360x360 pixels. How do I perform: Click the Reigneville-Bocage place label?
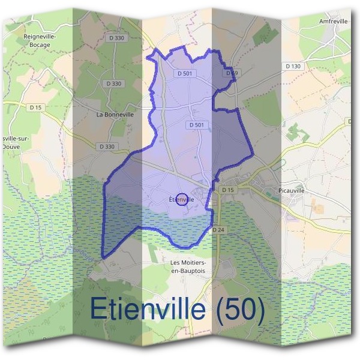39,40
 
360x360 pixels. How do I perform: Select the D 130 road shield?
293,66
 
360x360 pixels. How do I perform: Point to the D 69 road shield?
232,73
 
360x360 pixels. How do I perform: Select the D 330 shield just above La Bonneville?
112,83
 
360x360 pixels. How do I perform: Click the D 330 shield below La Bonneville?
106,146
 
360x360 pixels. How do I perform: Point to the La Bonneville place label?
115,113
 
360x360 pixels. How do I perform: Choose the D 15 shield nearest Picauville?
227,190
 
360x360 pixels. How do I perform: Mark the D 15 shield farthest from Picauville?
35,107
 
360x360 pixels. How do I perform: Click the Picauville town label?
292,190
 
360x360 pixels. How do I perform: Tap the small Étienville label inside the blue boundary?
181,199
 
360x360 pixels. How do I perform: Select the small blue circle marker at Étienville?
184,199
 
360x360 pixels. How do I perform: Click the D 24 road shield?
218,230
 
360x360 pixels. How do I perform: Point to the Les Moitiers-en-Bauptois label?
190,267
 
